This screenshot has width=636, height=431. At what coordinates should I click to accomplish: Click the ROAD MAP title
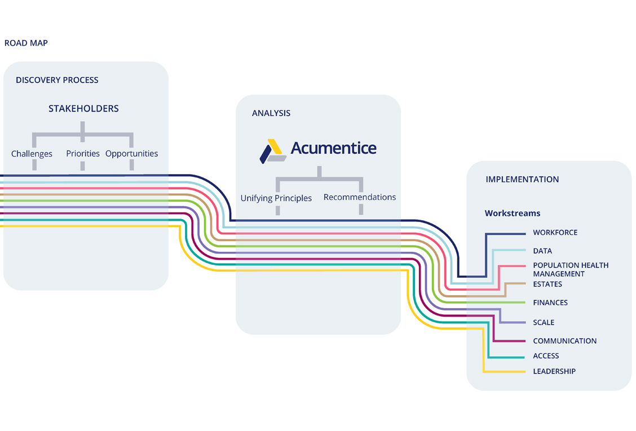[x=26, y=43]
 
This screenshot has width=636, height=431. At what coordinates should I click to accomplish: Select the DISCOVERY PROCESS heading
[x=57, y=80]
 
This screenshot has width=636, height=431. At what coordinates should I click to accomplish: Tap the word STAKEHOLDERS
[x=83, y=109]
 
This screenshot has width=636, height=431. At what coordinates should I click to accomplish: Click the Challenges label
[x=32, y=154]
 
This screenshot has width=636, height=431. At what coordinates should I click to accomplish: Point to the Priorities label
[x=83, y=153]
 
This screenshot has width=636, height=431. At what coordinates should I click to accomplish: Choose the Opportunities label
[x=132, y=154]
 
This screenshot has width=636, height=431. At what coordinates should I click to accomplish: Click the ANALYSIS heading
[x=271, y=113]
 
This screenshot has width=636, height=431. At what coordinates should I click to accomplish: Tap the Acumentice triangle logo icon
[x=272, y=151]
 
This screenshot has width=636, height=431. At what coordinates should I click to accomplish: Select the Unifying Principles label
[x=276, y=198]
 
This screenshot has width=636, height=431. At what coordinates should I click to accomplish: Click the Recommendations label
[x=360, y=197]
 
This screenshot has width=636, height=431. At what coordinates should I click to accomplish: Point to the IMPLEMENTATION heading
[x=523, y=179]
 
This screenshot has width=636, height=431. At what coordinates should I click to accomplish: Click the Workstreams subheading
[x=513, y=214]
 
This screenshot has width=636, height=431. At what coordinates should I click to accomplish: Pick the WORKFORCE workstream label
[x=555, y=232]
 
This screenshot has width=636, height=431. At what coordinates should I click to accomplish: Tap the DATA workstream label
[x=542, y=251]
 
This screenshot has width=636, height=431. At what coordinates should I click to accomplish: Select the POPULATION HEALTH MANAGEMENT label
[x=571, y=269]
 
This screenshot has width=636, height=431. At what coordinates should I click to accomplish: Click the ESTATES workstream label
[x=547, y=284]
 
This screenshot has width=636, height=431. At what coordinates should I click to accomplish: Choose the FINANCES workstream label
[x=550, y=303]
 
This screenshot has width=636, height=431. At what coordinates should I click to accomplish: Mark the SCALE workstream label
[x=544, y=322]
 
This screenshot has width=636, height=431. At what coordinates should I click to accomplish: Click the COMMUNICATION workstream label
[x=564, y=341]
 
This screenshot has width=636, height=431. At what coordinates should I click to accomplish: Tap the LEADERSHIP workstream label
[x=554, y=371]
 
